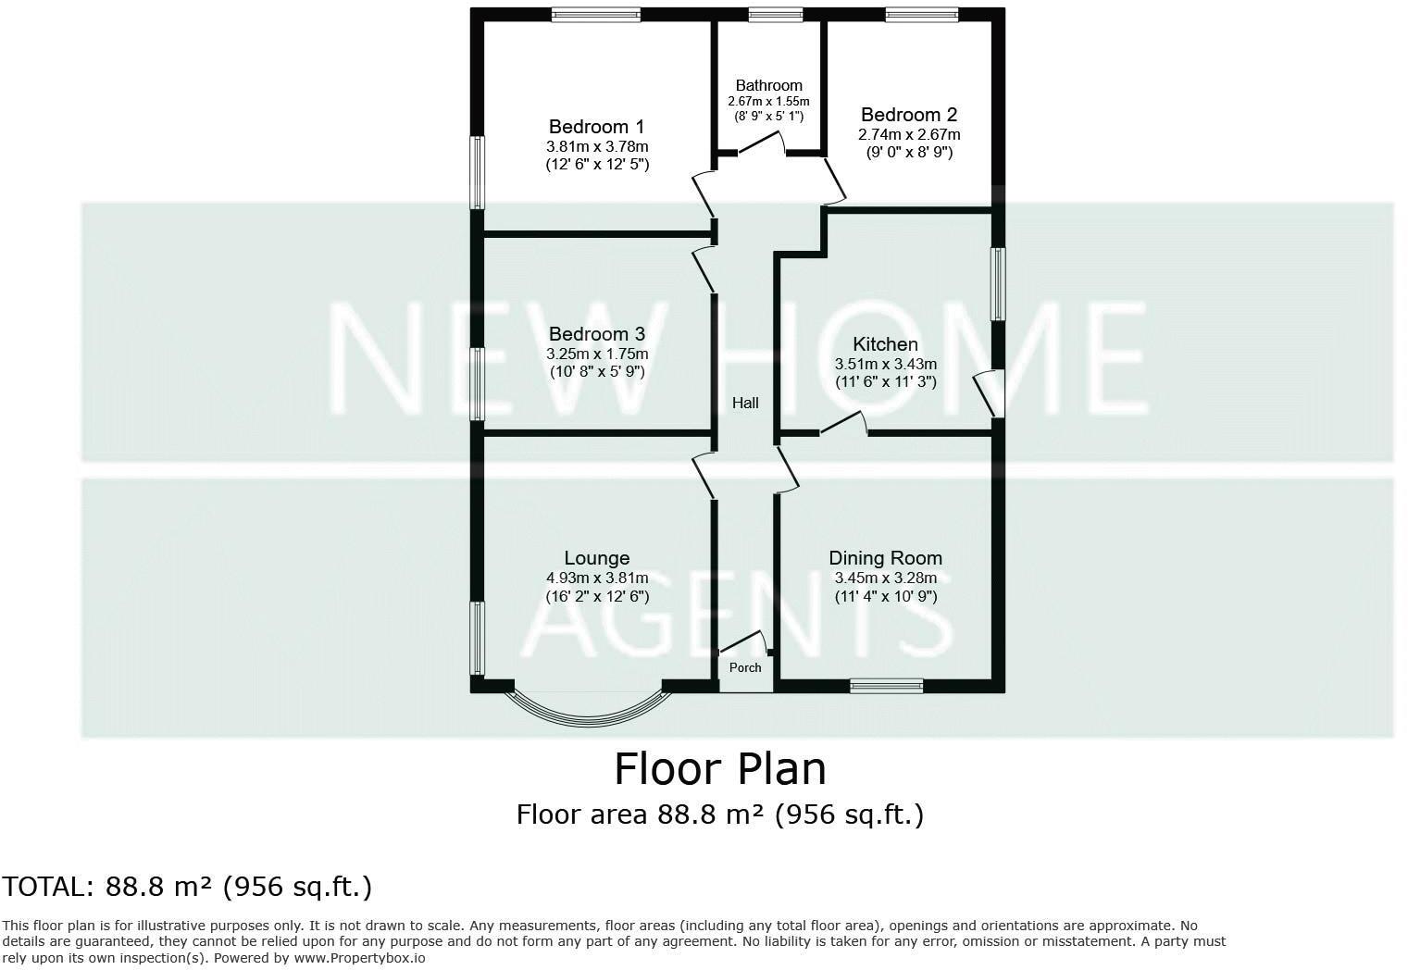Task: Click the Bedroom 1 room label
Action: tap(596, 127)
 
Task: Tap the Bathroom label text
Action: tap(768, 85)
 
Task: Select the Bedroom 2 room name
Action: tap(908, 115)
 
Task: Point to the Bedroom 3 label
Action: tap(596, 334)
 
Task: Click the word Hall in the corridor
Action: tap(745, 403)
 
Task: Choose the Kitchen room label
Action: tap(885, 344)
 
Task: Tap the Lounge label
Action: tap(596, 558)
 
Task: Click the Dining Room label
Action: tap(885, 558)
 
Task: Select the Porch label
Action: tap(745, 667)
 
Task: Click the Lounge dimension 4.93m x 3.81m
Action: tap(596, 578)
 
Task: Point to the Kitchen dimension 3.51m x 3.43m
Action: tap(885, 364)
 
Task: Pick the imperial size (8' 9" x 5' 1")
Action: tap(768, 117)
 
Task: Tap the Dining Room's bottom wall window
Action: tap(886, 686)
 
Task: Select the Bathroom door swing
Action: tap(763, 143)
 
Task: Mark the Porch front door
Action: tap(743, 642)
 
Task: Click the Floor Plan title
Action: tap(719, 769)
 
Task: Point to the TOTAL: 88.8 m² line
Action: tap(186, 887)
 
